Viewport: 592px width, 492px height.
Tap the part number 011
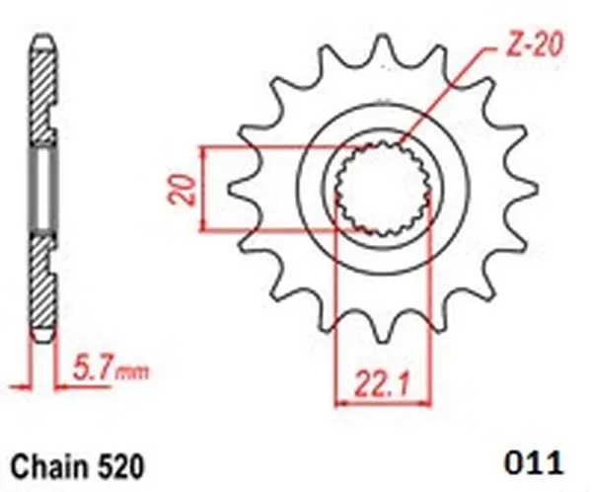point(533,462)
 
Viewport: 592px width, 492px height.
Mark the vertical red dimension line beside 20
point(202,189)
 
